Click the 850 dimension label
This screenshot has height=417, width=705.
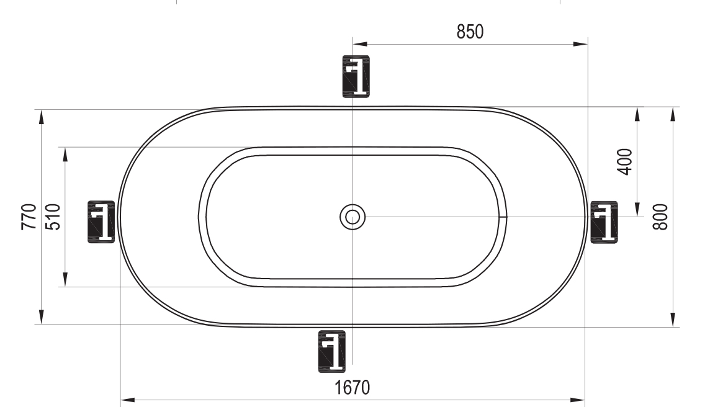(470, 32)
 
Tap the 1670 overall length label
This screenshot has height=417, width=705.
(352, 387)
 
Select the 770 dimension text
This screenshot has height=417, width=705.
(29, 217)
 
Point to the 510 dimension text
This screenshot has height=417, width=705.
(53, 217)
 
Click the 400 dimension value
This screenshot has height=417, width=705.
(624, 162)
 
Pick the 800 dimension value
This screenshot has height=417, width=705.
(660, 217)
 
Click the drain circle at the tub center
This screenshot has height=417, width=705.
(352, 217)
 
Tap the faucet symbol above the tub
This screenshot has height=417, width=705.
(356, 76)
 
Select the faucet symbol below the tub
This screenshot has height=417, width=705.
(332, 351)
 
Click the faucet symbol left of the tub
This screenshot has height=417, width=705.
(101, 222)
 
